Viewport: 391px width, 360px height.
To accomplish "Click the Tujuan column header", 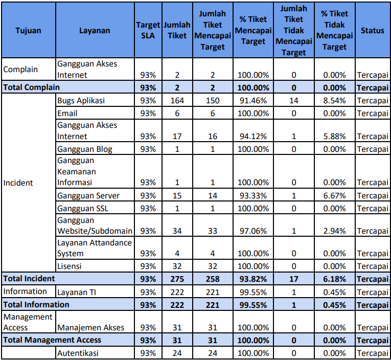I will pos(29,31).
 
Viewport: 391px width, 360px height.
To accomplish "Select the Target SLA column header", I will pos(148,31).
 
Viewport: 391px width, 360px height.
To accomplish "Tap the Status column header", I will pos(372,31).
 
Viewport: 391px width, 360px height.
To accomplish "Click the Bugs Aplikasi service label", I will pos(81,100).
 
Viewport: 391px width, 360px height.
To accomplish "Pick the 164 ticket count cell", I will pos(177,100).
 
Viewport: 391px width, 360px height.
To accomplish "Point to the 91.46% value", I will pos(253,100).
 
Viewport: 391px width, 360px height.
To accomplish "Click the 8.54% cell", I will pos(334,100).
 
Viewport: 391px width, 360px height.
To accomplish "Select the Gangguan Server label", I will pos(88,195).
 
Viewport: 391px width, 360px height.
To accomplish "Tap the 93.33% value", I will pos(253,195).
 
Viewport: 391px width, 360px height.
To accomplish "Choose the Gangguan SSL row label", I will pos(83,208).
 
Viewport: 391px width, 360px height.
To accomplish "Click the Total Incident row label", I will pos(30,279).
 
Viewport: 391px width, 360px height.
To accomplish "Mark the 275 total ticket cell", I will pos(177,279).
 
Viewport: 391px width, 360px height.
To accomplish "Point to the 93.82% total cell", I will pos(253,279).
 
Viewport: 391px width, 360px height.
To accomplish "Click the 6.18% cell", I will pos(334,279).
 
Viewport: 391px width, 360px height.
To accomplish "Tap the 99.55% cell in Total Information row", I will pos(253,305).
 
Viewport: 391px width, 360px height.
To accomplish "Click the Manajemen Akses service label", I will pos(90,327).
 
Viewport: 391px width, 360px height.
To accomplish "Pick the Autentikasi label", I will pos(78,353).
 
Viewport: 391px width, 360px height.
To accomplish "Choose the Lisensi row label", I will pos(69,266).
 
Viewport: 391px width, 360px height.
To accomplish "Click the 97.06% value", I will pos(253,231).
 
